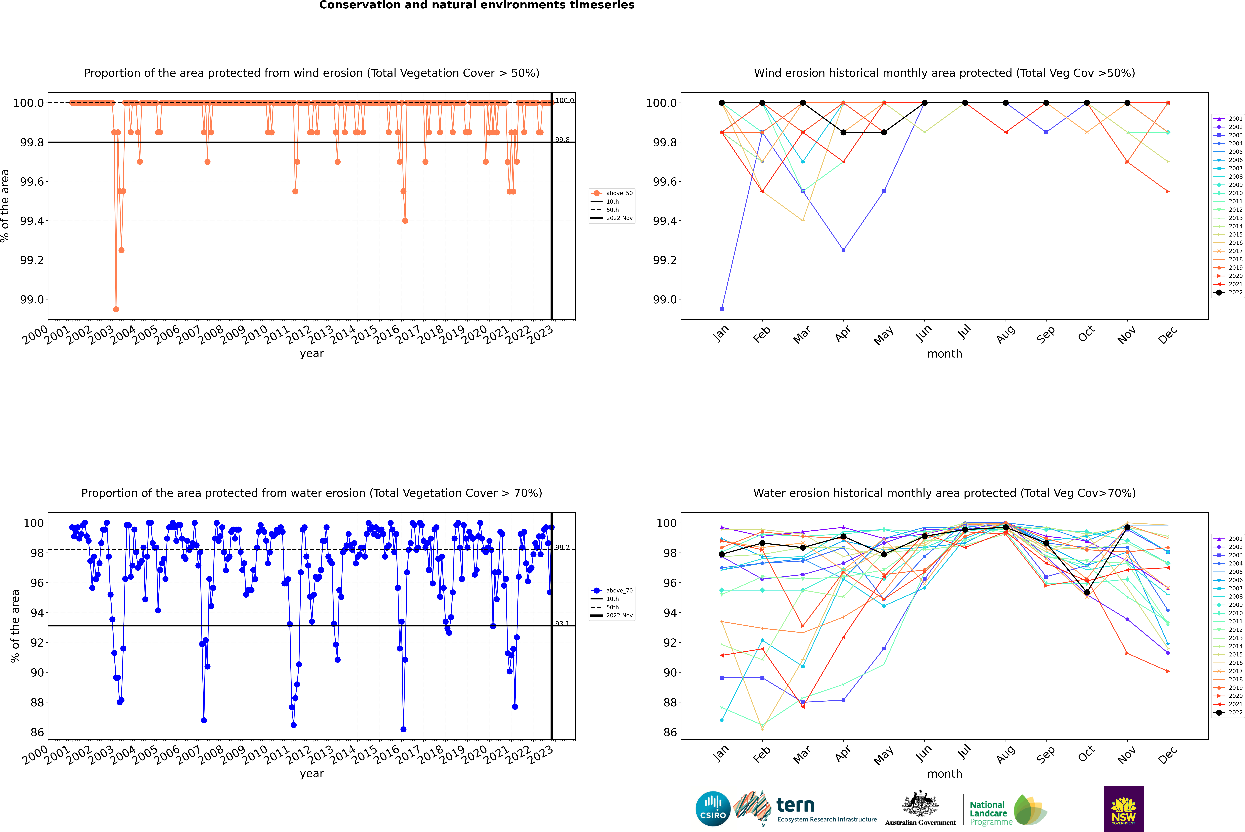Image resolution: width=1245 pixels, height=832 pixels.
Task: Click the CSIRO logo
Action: click(x=713, y=809)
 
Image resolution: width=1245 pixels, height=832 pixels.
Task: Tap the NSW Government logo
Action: click(x=1123, y=809)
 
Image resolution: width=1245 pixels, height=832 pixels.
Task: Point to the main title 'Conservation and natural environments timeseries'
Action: click(x=477, y=5)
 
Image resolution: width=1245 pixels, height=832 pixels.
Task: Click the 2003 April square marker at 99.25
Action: click(x=843, y=250)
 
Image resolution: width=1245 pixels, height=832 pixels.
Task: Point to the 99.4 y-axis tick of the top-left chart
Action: click(x=32, y=221)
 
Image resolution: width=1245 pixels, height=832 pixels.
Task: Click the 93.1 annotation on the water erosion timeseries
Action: click(x=562, y=624)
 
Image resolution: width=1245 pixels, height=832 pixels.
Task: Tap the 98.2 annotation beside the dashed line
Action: click(x=562, y=548)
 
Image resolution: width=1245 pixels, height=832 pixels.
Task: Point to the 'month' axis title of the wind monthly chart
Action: click(x=944, y=354)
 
